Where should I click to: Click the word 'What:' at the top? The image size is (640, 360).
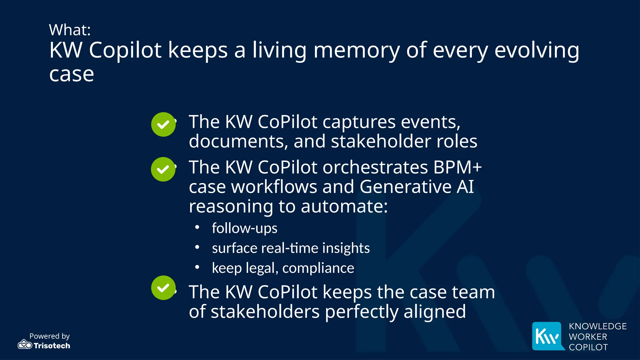(x=70, y=30)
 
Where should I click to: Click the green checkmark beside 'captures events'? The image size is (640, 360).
(x=163, y=124)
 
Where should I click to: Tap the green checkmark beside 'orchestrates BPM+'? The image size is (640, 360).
(x=163, y=169)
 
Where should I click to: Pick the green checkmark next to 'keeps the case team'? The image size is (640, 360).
(x=163, y=287)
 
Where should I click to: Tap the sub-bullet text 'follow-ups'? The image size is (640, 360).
(x=244, y=228)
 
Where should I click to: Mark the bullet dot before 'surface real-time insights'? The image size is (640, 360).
(x=197, y=247)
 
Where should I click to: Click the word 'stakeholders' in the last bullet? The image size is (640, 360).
(x=265, y=312)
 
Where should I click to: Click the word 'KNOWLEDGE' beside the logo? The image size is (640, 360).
(x=597, y=326)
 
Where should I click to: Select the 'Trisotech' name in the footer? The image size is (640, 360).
(x=52, y=346)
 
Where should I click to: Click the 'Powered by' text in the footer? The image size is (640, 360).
(x=49, y=336)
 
